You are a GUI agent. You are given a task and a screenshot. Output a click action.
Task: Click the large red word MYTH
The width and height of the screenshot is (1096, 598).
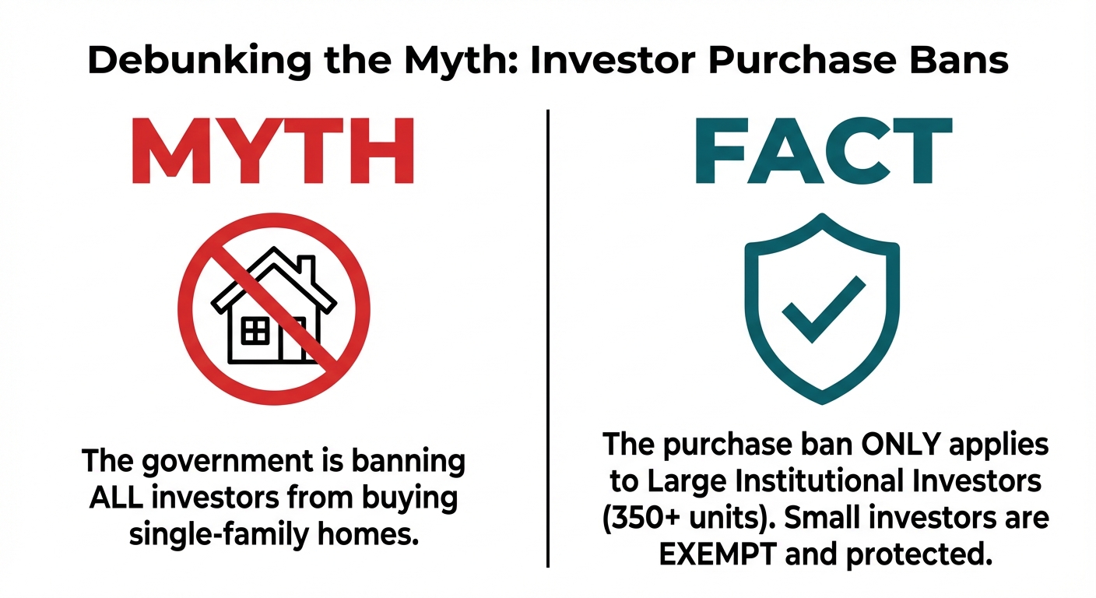point(273,153)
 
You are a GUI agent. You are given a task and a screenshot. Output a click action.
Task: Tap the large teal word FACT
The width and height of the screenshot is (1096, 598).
point(822,153)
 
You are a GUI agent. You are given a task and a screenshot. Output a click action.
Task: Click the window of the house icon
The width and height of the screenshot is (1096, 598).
point(255,331)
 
